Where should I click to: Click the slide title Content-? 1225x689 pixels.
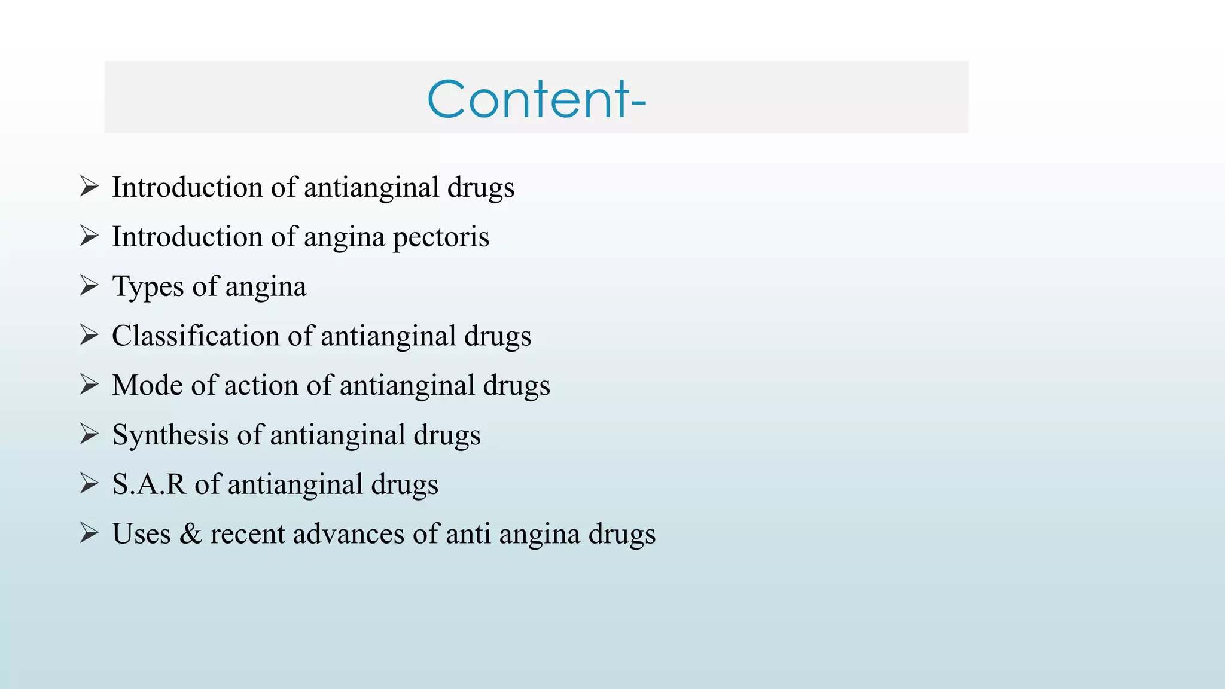click(537, 99)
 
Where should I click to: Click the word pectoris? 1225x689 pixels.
click(441, 237)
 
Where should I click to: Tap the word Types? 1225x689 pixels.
click(148, 287)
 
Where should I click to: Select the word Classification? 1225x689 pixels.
click(196, 336)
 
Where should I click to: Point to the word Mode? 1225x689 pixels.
click(147, 385)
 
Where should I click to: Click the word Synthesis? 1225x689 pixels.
click(170, 435)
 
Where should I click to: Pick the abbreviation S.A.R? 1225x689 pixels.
click(149, 484)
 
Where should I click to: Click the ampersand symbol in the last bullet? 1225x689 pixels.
click(190, 534)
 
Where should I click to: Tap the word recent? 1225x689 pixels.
click(247, 534)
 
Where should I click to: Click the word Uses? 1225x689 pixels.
click(141, 534)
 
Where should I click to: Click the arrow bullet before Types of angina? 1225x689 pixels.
click(89, 286)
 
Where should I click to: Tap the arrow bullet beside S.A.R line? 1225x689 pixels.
click(89, 484)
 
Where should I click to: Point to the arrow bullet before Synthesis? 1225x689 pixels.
click(89, 434)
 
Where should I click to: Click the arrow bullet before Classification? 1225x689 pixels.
click(89, 336)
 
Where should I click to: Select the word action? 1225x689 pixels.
click(261, 385)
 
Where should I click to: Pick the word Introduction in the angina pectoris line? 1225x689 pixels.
click(187, 237)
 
